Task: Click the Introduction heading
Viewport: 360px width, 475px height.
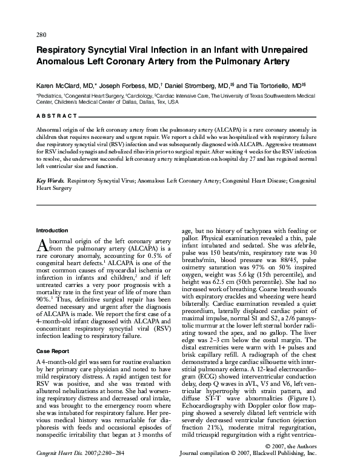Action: coord(52,231)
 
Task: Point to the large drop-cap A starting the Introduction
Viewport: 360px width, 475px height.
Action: coord(41,244)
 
